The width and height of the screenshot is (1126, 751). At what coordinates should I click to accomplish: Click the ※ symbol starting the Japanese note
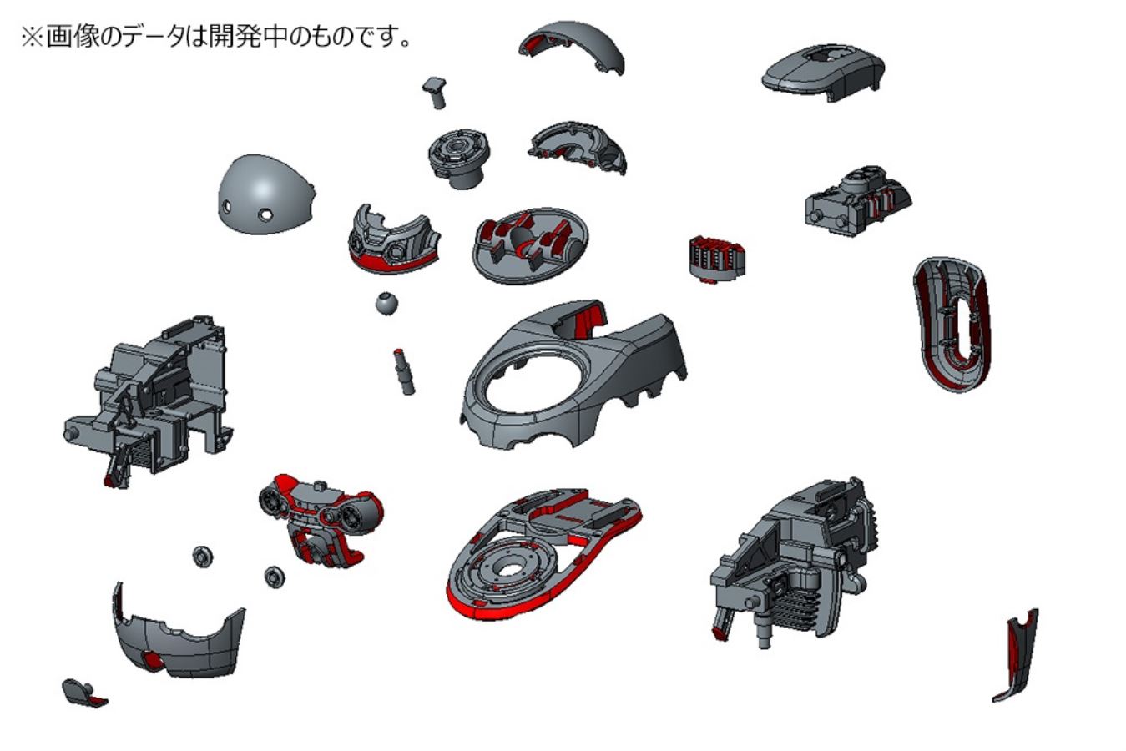[x=33, y=38]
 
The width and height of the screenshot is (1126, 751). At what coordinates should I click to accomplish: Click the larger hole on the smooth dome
[x=265, y=215]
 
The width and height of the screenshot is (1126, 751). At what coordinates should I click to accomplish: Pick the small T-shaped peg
[x=436, y=92]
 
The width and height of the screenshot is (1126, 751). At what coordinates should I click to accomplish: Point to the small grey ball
[x=386, y=304]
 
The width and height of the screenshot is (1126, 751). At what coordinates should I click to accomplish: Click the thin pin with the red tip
[x=404, y=371]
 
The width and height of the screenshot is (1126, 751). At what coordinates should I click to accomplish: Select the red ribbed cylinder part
[x=717, y=259]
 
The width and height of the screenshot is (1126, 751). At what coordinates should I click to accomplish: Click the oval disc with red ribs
[x=530, y=245]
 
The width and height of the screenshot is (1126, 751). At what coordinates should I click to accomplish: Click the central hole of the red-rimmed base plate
[x=510, y=569]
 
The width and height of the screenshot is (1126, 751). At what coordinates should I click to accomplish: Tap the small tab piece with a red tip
[x=83, y=693]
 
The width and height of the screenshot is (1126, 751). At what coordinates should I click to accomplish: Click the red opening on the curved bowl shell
[x=151, y=658]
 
